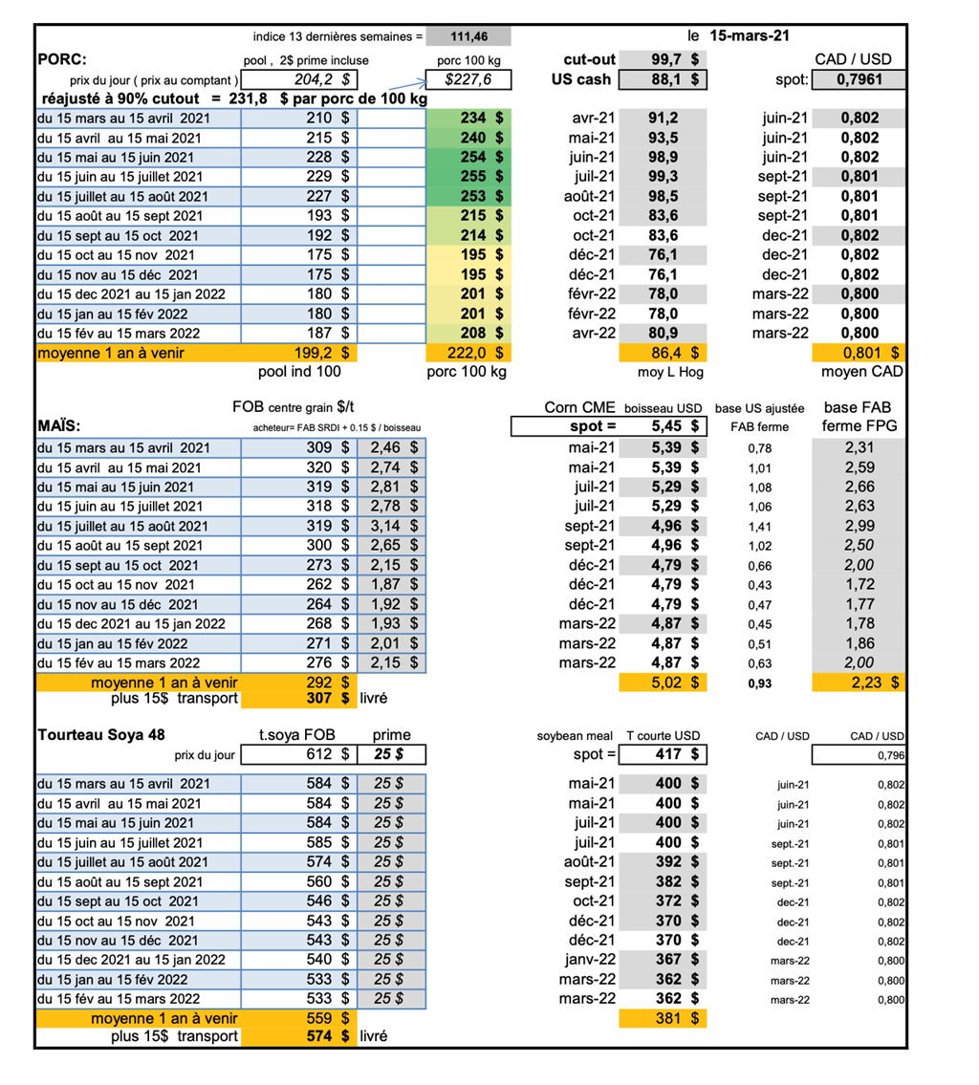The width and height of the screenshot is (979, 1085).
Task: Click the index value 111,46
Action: pyautogui.click(x=468, y=36)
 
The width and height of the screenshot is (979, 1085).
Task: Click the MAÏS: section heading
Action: pyautogui.click(x=60, y=424)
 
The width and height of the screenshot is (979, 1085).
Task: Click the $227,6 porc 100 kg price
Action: pyautogui.click(x=468, y=80)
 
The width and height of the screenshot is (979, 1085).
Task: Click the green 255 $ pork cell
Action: pyautogui.click(x=475, y=176)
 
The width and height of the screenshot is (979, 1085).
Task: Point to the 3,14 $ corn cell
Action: pyautogui.click(x=392, y=525)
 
